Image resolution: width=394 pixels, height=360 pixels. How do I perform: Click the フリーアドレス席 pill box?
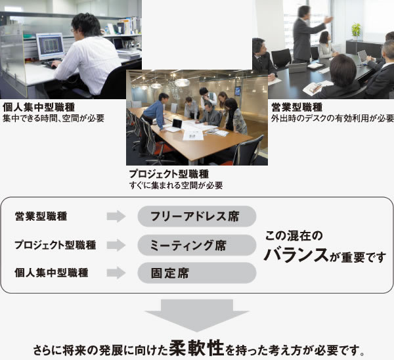(x=197, y=216)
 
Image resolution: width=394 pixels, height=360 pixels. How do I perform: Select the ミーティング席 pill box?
(x=197, y=245)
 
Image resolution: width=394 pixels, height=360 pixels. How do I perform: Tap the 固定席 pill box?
(x=197, y=273)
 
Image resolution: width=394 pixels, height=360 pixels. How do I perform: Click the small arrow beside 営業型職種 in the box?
(x=116, y=216)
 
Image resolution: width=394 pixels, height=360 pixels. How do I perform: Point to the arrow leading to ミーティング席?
(x=116, y=245)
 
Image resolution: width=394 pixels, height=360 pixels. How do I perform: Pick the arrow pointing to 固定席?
(x=116, y=273)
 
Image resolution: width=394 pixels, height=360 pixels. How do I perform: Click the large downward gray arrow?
(x=197, y=315)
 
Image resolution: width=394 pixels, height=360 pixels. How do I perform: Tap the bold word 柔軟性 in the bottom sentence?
(x=196, y=348)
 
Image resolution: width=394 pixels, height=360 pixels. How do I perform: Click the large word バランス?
(x=297, y=255)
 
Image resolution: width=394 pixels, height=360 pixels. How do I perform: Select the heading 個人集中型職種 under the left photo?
(x=39, y=107)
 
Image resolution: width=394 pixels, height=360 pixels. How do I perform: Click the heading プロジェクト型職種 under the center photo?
(x=169, y=174)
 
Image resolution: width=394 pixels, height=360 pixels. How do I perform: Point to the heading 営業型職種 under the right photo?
(x=297, y=107)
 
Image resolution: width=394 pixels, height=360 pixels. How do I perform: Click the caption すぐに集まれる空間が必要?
(x=176, y=185)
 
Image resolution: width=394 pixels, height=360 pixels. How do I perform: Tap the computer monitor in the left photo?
(x=51, y=47)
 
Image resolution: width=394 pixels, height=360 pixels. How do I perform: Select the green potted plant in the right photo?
(x=356, y=31)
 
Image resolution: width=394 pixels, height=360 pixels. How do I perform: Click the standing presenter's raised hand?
(x=329, y=20)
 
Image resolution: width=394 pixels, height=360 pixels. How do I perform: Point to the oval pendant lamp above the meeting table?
(x=182, y=83)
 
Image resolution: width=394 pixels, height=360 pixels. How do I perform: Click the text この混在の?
(x=294, y=236)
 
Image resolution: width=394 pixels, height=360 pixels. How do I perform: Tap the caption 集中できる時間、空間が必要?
(x=53, y=118)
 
